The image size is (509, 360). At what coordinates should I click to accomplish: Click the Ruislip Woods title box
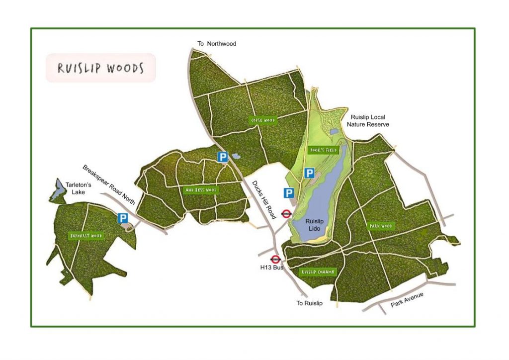100,68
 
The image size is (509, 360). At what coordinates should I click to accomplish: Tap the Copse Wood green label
263,120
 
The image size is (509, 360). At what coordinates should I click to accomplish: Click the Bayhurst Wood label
86,236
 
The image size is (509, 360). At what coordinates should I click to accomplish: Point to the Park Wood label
381,226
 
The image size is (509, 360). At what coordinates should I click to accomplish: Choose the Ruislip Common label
319,272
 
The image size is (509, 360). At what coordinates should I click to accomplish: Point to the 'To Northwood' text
217,44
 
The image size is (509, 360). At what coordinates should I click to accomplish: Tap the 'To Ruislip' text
310,303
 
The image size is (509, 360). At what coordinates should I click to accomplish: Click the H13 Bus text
271,268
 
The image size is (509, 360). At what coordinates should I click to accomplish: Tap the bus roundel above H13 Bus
275,259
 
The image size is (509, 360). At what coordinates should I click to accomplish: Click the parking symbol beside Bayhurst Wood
122,218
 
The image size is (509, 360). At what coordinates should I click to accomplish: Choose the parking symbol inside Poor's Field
309,173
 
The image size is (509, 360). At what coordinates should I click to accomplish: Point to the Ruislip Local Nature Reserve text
368,121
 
